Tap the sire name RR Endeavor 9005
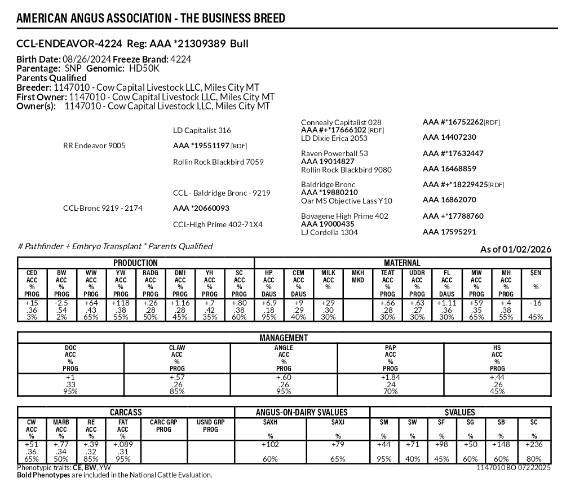[x=94, y=146]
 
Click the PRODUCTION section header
[x=135, y=263]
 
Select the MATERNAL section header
[x=402, y=263]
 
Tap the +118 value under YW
[x=121, y=303]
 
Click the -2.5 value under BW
[x=61, y=303]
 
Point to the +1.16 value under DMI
[x=180, y=303]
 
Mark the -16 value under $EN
[x=535, y=303]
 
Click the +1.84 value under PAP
[x=390, y=377]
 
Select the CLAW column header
[x=176, y=348]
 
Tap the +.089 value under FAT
[x=122, y=445]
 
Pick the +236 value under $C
[x=534, y=445]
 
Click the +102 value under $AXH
[x=270, y=445]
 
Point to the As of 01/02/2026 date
[x=515, y=249]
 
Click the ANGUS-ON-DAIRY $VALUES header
[x=302, y=412]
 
